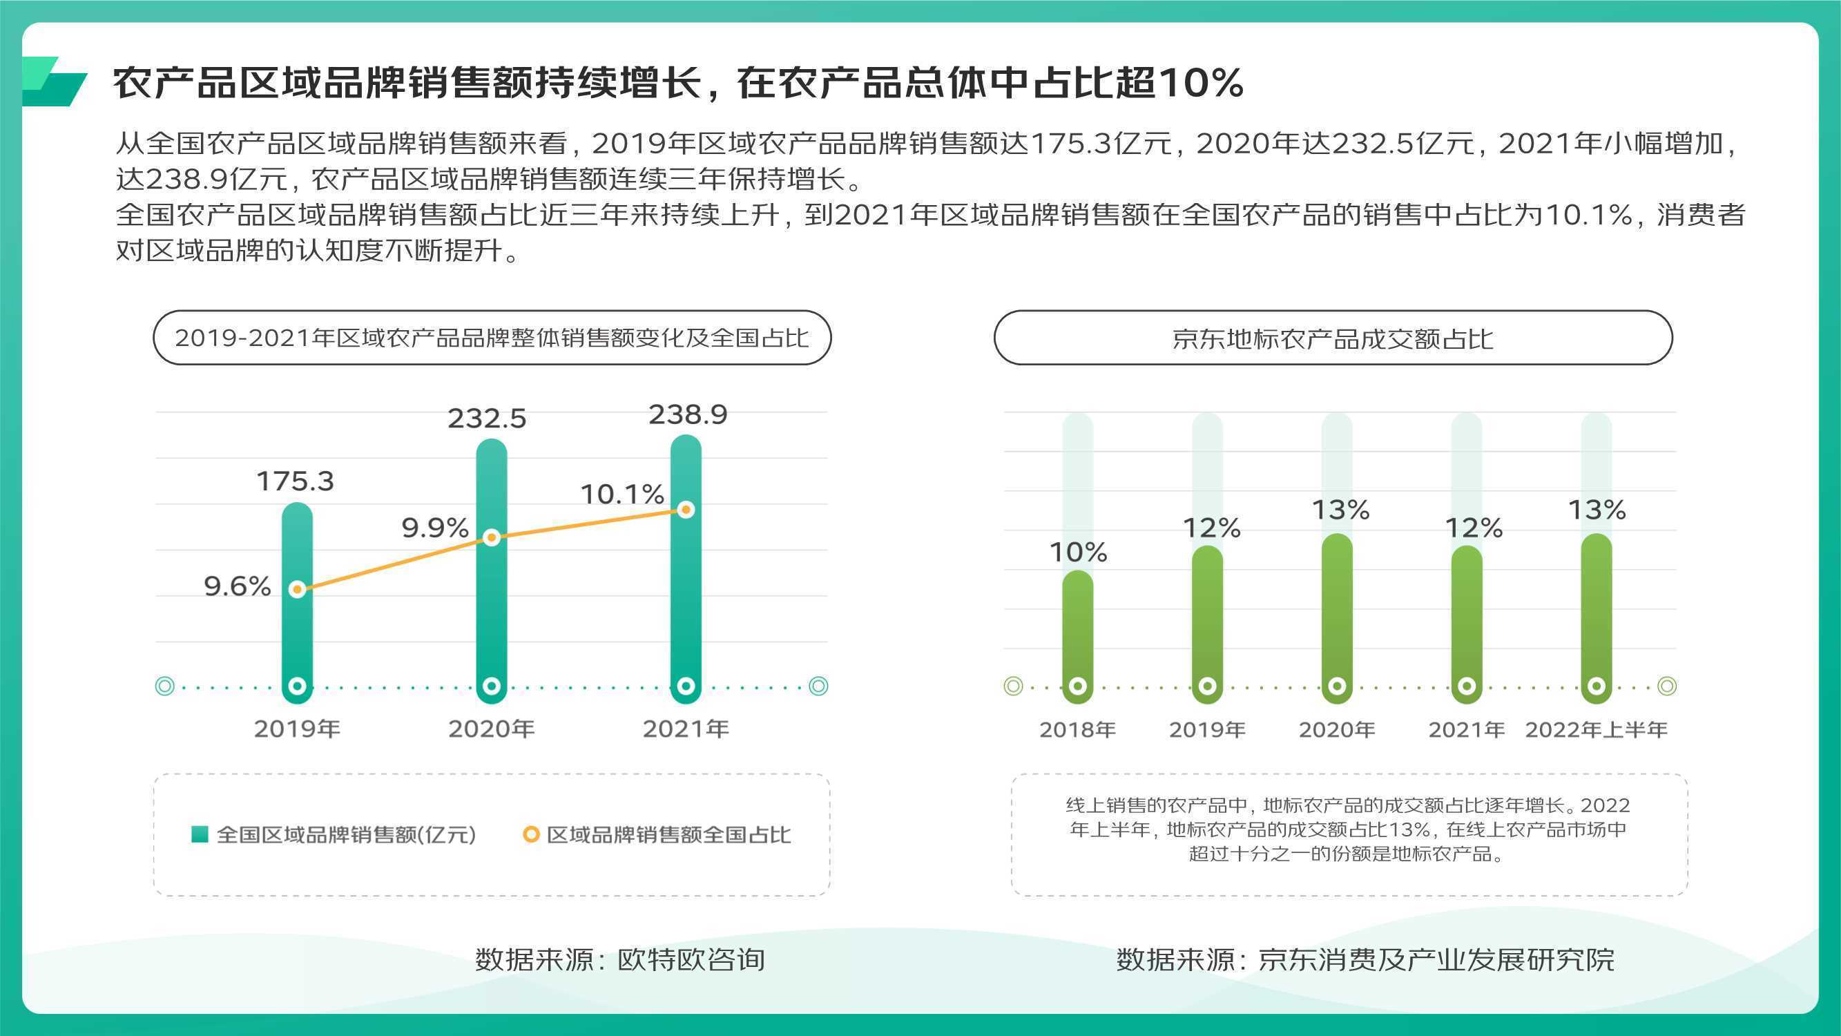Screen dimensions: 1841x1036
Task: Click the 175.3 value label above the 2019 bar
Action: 295,481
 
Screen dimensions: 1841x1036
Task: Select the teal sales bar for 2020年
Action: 492,570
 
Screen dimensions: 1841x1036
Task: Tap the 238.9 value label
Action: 688,414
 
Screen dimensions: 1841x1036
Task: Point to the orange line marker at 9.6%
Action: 298,589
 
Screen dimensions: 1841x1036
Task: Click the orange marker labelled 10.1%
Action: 686,509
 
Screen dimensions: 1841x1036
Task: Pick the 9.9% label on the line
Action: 434,528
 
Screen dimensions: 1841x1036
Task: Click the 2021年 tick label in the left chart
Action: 686,729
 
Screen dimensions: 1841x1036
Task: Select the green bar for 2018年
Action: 1078,636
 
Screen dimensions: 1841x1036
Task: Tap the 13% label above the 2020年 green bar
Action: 1340,510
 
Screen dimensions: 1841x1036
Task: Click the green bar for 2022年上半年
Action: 1597,618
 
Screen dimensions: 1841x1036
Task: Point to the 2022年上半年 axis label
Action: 1597,729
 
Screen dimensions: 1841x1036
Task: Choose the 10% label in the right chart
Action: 1078,552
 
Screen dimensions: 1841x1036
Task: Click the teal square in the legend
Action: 200,834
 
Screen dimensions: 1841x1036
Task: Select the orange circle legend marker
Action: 530,834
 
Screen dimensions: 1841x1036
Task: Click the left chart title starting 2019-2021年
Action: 492,338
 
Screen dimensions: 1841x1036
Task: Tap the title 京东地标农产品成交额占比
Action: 1333,338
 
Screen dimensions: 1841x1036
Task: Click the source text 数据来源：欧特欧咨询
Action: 619,959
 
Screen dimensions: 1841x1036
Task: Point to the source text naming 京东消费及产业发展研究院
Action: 1365,959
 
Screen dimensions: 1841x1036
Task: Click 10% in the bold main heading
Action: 1202,82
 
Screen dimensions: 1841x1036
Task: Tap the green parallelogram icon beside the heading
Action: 55,81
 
